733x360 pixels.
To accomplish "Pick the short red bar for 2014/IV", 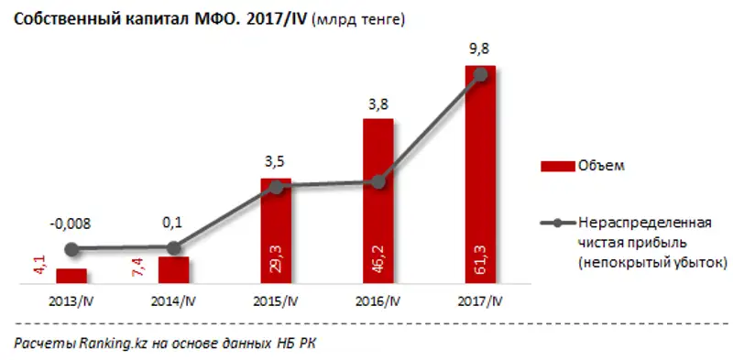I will [173, 271].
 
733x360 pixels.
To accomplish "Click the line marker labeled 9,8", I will [480, 75].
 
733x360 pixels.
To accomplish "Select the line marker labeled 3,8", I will [378, 181].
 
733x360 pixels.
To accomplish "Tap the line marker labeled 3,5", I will [276, 187].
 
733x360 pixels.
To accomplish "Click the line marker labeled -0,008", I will [71, 248].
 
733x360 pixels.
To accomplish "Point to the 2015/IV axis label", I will [276, 300].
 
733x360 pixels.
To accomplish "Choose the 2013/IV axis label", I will [71, 300].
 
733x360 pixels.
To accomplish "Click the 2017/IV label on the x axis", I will [480, 300].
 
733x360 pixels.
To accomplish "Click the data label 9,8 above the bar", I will [480, 50].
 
